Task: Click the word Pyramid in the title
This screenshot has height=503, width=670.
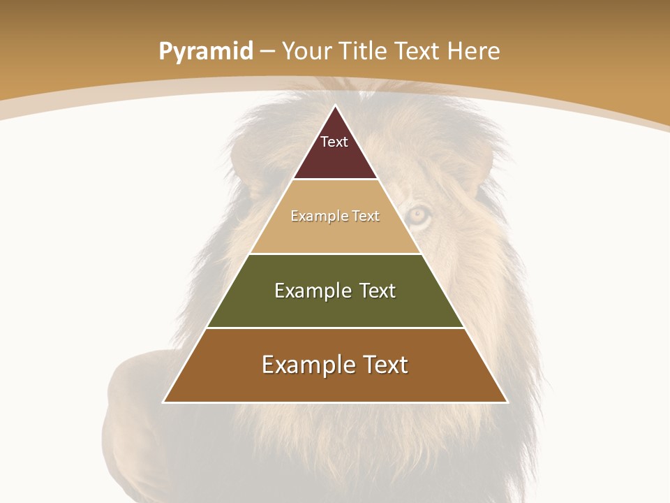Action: (205, 52)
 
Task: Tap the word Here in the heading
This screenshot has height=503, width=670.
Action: (474, 52)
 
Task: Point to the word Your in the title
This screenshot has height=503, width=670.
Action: (306, 52)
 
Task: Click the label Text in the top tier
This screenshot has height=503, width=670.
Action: (334, 142)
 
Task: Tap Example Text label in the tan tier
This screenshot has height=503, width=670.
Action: (335, 216)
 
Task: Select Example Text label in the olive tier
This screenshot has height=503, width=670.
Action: (335, 291)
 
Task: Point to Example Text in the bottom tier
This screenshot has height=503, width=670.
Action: (335, 365)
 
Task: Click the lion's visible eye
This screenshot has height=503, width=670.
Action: (418, 214)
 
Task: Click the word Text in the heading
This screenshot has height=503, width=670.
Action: (417, 52)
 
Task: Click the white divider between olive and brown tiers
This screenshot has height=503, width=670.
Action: (335, 328)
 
